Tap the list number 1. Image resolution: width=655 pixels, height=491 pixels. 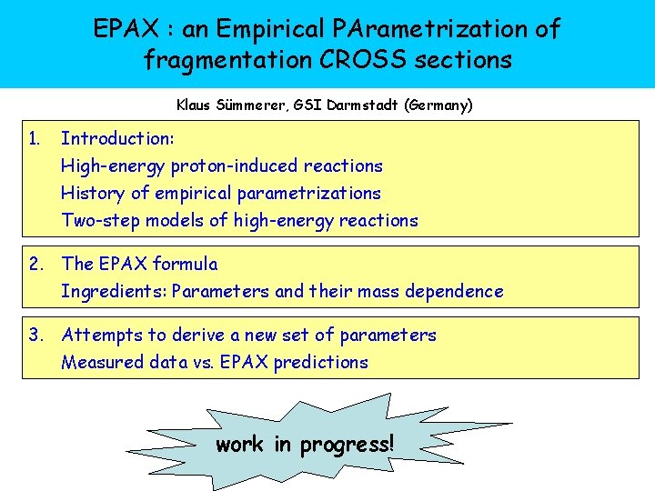(x=35, y=138)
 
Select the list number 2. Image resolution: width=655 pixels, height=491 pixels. (x=35, y=264)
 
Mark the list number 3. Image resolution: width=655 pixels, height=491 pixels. (x=35, y=335)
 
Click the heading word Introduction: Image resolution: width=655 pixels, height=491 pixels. (x=117, y=138)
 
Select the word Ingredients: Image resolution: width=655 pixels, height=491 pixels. (x=114, y=291)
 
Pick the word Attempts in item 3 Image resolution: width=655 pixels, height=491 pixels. (x=97, y=335)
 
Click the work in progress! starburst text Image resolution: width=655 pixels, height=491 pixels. (x=305, y=445)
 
